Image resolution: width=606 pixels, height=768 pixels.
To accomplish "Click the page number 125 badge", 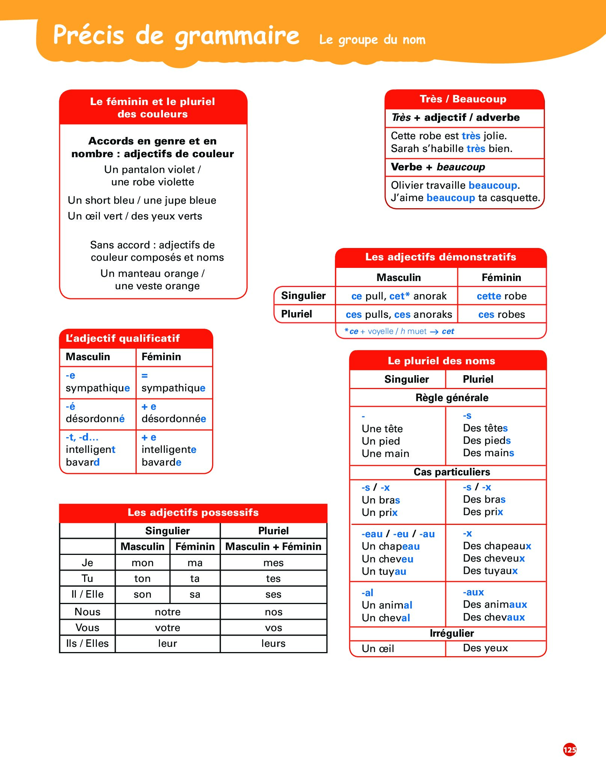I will [x=570, y=749].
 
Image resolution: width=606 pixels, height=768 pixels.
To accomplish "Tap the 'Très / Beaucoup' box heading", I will [x=463, y=99].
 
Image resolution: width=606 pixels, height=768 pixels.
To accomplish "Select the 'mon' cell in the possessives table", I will [x=142, y=563].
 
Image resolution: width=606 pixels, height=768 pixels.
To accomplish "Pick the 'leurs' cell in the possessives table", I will [x=273, y=643].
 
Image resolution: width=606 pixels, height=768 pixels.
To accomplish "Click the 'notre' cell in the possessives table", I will [x=167, y=612].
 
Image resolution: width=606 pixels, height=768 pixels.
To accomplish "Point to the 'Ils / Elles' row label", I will [x=87, y=643].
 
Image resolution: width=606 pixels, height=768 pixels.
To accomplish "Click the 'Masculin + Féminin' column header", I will [x=273, y=547].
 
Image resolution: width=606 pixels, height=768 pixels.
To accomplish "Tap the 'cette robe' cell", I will [x=502, y=296].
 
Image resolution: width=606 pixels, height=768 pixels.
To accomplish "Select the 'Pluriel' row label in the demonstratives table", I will [x=297, y=314].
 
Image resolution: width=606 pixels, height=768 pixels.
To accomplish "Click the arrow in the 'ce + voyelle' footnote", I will [x=434, y=332].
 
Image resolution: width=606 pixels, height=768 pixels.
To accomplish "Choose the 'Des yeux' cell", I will [x=485, y=648].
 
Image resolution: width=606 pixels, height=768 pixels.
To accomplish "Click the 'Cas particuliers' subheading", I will [x=452, y=472].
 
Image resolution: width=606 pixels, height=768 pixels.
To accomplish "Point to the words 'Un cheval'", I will [x=386, y=618].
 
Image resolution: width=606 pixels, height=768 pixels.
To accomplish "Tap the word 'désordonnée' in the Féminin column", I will [x=174, y=419].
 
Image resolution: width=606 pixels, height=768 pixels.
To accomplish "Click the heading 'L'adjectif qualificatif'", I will [x=123, y=338].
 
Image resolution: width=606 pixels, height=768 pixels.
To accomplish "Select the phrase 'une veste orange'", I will [x=157, y=286].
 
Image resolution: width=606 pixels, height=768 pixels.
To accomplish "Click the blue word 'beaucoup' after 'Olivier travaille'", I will [x=493, y=185].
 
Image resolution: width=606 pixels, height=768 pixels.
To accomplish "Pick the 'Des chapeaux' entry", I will [x=497, y=546].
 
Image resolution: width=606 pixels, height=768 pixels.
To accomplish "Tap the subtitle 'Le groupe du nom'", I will [x=372, y=40].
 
